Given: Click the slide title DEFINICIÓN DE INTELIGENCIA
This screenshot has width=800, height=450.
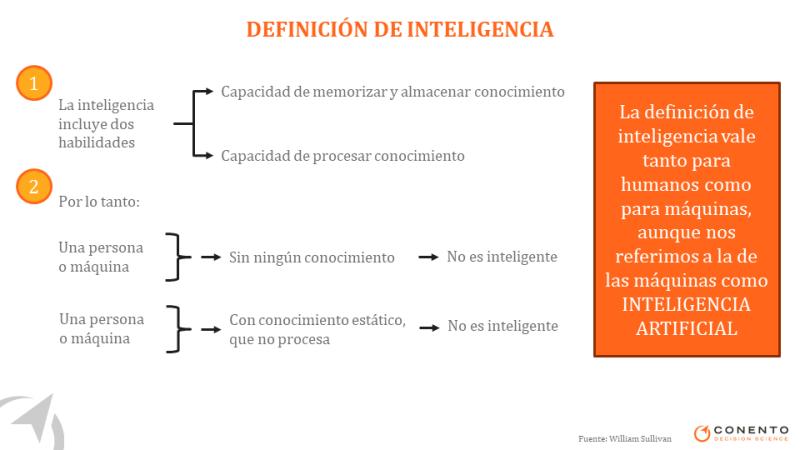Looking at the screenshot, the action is click(x=399, y=29).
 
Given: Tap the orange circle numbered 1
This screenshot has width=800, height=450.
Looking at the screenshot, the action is click(x=34, y=83).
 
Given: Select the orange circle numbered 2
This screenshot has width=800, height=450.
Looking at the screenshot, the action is click(x=34, y=186).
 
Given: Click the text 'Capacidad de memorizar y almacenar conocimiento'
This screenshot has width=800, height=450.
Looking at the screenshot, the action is click(x=392, y=92).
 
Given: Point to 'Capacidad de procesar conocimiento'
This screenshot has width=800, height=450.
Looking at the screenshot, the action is click(x=342, y=156).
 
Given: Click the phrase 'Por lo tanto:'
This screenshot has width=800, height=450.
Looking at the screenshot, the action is click(x=99, y=202).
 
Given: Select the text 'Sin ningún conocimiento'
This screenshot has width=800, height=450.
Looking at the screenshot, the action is click(x=311, y=257).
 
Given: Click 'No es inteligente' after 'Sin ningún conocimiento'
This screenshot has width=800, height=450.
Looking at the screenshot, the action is click(x=502, y=257).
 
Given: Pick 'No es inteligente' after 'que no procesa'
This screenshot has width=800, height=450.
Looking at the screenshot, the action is click(x=503, y=326).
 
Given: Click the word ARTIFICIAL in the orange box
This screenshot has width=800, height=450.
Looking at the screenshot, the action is click(x=687, y=328).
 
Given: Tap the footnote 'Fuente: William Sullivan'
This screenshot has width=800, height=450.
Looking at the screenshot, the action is click(x=624, y=438).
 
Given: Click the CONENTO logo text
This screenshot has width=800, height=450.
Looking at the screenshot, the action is click(x=751, y=430).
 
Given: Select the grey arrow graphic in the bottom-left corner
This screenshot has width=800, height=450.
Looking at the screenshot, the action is click(x=32, y=421).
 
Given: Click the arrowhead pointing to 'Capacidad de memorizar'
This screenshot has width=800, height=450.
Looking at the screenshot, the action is click(x=208, y=91).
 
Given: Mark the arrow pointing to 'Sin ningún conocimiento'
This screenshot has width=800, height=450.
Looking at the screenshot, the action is click(x=210, y=257).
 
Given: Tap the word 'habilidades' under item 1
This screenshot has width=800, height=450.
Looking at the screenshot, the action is click(x=96, y=142).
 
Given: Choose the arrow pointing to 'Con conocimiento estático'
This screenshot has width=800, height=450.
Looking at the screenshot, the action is click(x=211, y=330).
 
